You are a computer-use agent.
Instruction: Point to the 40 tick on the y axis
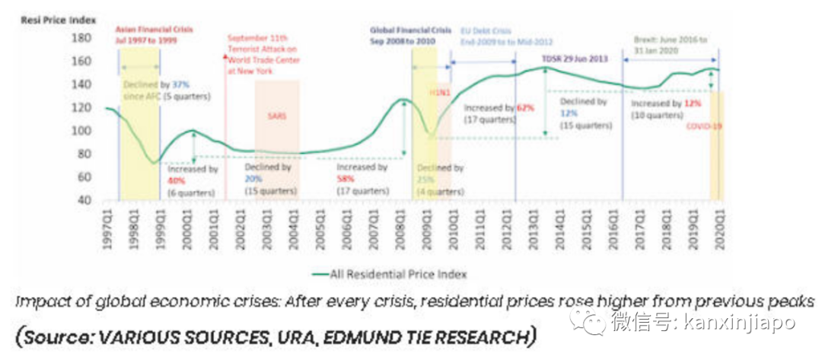[x=82, y=200]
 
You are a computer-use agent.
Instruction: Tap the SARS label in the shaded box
[x=277, y=118]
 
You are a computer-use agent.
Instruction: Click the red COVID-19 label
[x=703, y=126]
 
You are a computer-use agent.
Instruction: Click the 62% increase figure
[x=525, y=107]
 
